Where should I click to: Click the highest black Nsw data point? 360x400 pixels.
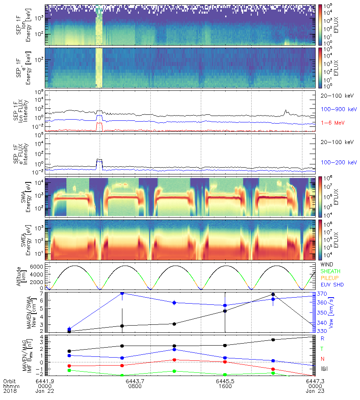(x=273, y=294)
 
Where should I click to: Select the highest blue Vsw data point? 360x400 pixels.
(x=122, y=293)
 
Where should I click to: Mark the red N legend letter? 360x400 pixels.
(x=323, y=359)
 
